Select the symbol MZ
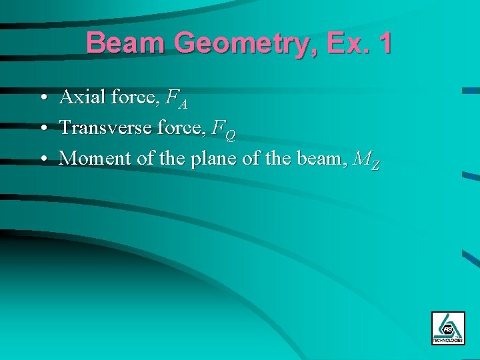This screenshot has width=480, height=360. [367, 160]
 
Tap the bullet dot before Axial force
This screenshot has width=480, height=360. [42, 98]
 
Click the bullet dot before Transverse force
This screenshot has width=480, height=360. [42, 127]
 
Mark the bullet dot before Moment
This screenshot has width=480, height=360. [42, 159]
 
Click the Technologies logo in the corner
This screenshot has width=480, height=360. [448, 327]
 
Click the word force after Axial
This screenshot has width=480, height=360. [136, 97]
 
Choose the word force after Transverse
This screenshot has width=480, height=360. [182, 127]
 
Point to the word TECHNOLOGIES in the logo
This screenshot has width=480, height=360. [448, 340]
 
